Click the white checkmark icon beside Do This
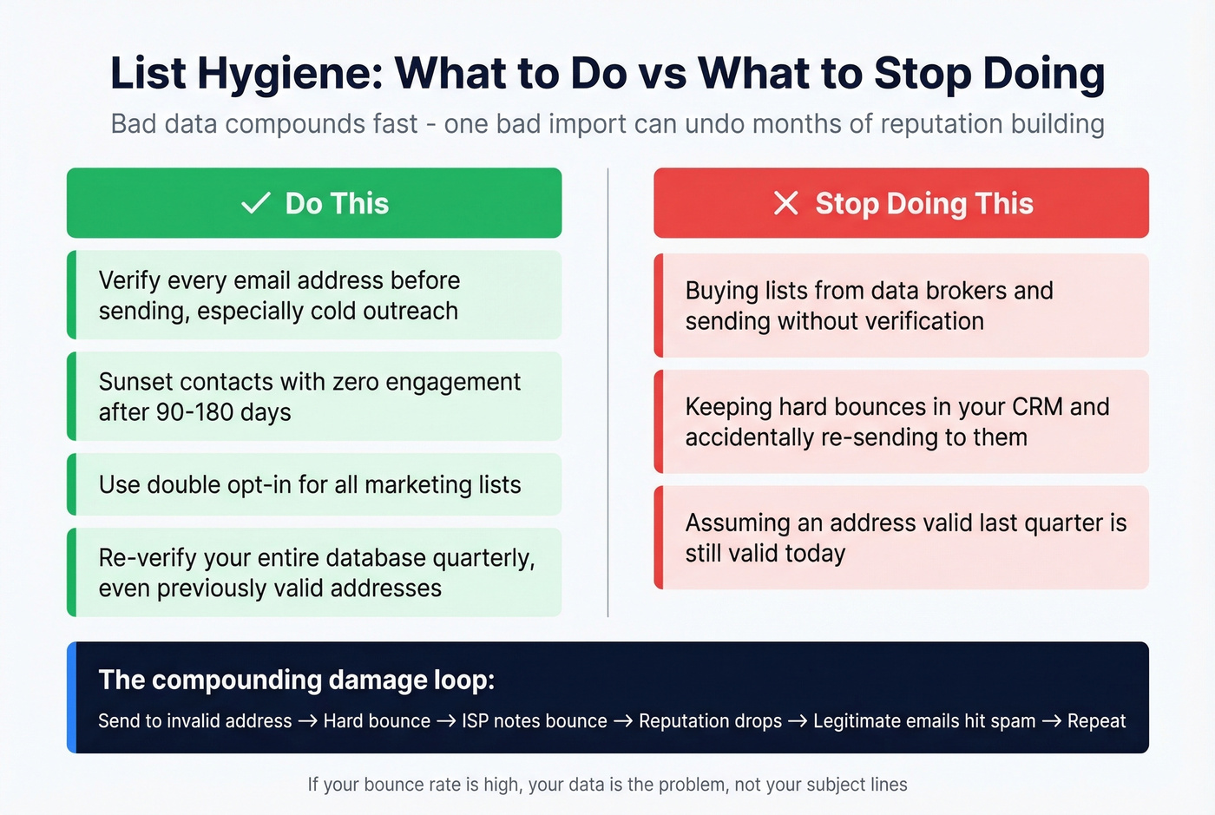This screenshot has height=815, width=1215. [255, 203]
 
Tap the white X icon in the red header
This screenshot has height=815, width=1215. [785, 203]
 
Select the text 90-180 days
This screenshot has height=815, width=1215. [223, 412]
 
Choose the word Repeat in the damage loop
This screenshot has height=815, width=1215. [1096, 721]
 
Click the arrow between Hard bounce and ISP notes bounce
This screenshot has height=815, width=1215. [446, 721]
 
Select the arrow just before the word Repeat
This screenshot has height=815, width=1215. [1051, 721]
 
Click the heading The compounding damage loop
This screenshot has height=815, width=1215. [296, 680]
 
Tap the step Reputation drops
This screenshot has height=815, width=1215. [710, 721]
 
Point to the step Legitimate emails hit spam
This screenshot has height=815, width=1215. [924, 721]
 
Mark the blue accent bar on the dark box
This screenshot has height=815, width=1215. [72, 697]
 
